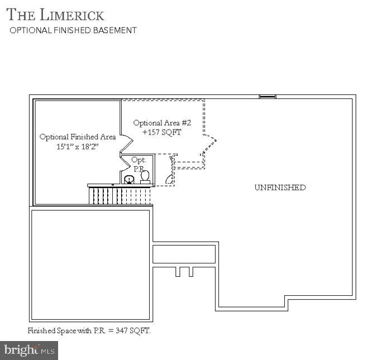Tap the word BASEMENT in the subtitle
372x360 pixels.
tap(115, 30)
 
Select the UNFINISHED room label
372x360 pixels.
tap(280, 188)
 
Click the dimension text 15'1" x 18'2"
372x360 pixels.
tap(77, 147)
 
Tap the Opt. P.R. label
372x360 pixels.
tap(138, 164)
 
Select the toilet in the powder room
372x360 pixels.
tap(145, 176)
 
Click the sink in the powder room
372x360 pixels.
tap(130, 179)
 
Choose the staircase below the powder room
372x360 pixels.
tap(119, 196)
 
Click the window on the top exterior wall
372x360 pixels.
tap(268, 97)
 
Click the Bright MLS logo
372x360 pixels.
tap(30, 350)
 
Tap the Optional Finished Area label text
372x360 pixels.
tap(78, 137)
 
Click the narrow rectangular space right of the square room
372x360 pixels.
tap(184, 254)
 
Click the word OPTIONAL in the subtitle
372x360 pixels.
tap(27, 30)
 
